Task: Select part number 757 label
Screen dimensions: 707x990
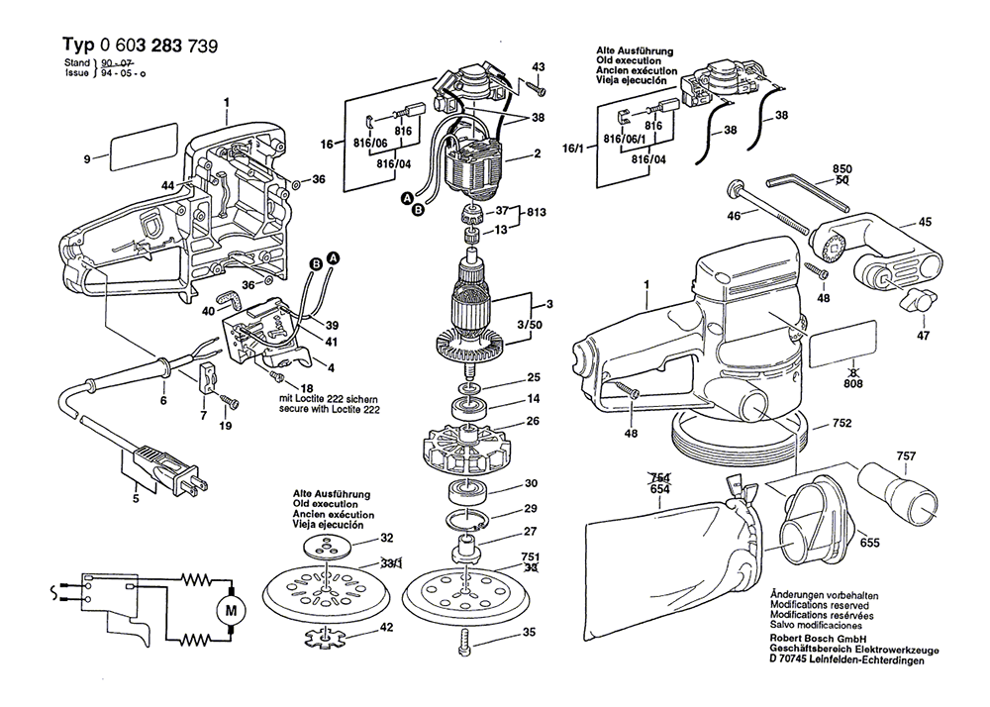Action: (905, 456)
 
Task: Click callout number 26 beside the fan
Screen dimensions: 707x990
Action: (532, 422)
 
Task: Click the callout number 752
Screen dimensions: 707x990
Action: (841, 424)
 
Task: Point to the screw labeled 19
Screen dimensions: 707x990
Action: (230, 401)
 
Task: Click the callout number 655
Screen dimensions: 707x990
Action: (868, 543)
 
